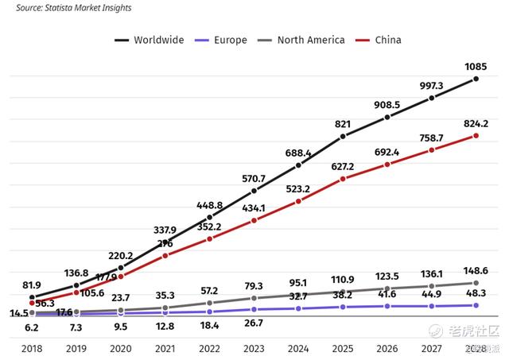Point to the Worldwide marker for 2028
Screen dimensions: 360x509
point(476,79)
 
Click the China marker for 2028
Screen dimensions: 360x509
point(476,136)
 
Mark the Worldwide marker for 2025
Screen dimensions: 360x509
point(343,137)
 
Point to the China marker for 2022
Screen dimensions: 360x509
point(209,238)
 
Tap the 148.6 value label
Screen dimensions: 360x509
point(476,270)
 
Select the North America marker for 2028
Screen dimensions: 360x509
point(476,283)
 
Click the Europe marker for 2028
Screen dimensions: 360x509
point(476,305)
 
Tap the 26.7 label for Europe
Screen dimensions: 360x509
point(254,323)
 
